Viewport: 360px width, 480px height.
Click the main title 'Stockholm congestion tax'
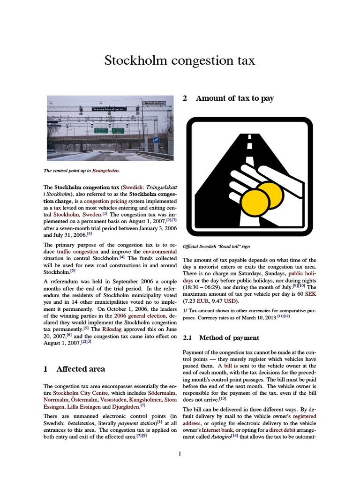point(180,60)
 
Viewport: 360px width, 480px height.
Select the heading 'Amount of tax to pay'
point(234,98)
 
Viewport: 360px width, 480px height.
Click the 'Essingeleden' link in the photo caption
point(106,171)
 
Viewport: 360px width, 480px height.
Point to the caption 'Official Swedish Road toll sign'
point(216,247)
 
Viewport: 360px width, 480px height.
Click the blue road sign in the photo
point(156,140)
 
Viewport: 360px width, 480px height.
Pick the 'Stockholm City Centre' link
point(80,392)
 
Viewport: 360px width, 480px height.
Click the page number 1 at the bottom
point(180,453)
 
